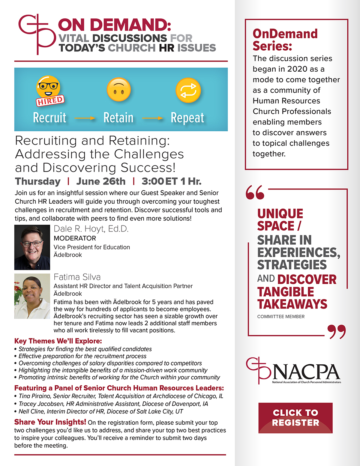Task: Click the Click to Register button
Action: click(295, 418)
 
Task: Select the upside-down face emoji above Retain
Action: click(118, 90)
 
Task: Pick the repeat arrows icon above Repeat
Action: click(188, 90)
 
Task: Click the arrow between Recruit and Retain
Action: click(85, 118)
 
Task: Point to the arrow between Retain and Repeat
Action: click(153, 118)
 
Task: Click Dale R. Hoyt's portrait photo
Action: click(32, 247)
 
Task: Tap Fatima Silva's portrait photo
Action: click(32, 296)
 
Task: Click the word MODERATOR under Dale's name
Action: click(75, 238)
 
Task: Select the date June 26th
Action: click(101, 181)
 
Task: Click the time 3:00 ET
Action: click(159, 181)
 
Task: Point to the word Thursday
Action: click(38, 181)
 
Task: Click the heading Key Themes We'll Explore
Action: click(58, 341)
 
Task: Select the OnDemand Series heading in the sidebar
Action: click(285, 40)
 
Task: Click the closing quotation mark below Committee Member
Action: click(336, 332)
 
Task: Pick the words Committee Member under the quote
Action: click(281, 317)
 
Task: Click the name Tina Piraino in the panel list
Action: click(35, 396)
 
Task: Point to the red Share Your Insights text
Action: click(50, 422)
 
